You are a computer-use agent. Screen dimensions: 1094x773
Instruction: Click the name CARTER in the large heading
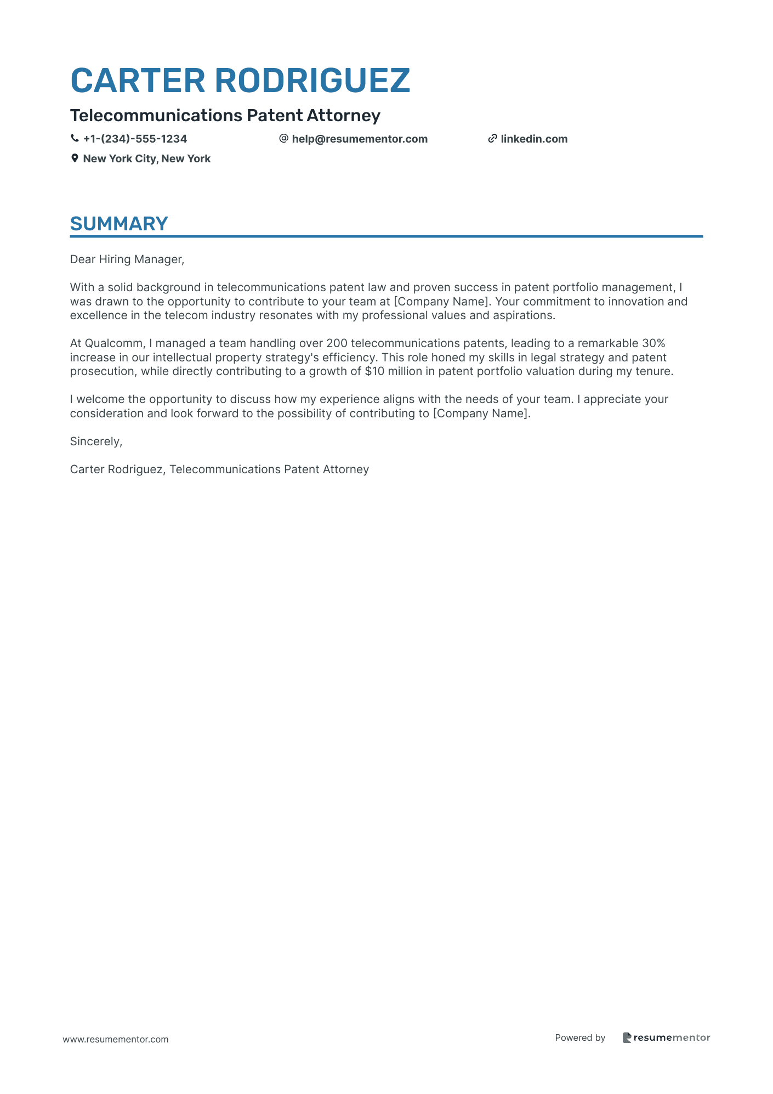point(138,81)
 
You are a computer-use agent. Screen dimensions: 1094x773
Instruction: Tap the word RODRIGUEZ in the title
point(312,81)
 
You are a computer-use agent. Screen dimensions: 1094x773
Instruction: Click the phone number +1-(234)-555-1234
point(135,139)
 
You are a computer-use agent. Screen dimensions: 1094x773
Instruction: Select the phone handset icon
point(75,139)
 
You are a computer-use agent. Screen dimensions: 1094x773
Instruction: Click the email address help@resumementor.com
point(360,139)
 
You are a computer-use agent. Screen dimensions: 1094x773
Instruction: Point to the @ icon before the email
point(283,139)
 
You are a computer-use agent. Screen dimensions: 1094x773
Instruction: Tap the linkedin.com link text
point(534,139)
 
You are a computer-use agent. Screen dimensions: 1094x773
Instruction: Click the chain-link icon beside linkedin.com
point(492,139)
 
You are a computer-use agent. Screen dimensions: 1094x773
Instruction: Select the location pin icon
point(75,158)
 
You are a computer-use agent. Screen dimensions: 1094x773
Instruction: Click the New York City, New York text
point(146,158)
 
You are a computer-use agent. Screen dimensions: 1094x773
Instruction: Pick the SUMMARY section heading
point(119,224)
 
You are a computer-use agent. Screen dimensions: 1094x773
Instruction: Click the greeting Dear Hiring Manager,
point(127,259)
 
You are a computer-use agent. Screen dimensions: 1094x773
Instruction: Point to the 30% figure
point(653,343)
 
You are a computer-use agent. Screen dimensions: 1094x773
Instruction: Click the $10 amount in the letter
point(374,371)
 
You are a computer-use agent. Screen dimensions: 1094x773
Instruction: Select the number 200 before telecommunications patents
point(336,343)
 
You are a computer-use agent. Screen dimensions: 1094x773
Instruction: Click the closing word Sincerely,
point(96,441)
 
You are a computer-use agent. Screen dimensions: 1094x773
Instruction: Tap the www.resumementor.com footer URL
point(116,1039)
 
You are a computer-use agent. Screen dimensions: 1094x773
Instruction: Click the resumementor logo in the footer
point(666,1038)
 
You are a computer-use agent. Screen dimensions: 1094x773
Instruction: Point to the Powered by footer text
point(580,1038)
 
